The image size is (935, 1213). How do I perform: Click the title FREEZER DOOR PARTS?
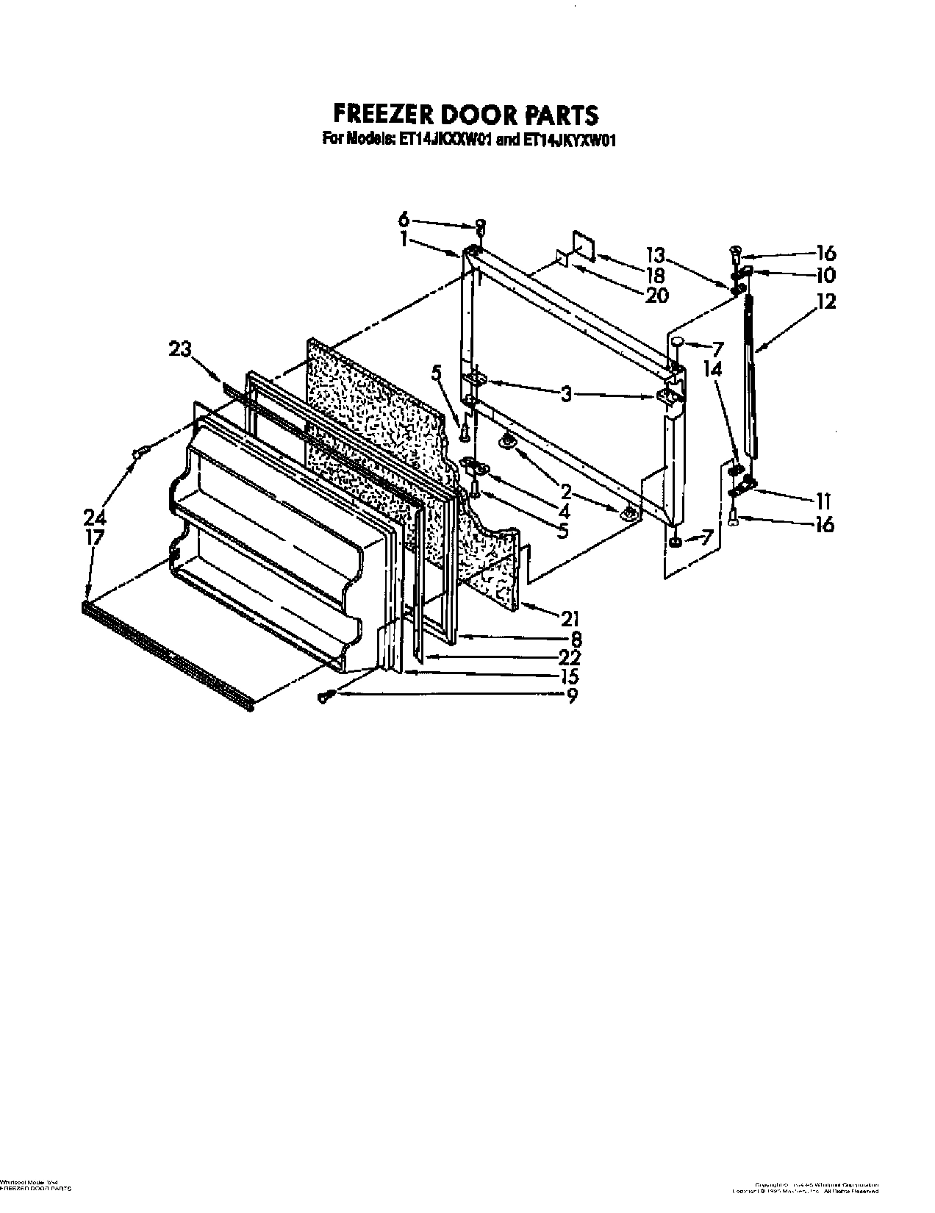tap(466, 114)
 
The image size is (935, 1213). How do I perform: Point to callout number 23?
tap(181, 351)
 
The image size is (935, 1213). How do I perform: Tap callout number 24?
tap(94, 517)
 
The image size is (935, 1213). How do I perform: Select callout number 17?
tap(94, 537)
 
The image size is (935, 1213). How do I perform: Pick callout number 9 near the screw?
tap(572, 695)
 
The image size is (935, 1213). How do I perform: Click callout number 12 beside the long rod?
tap(825, 301)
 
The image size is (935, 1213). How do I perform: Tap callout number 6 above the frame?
tap(404, 219)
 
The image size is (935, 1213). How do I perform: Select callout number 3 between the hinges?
tap(565, 395)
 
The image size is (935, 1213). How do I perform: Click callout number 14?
tap(712, 371)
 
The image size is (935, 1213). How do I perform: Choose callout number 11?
tap(822, 501)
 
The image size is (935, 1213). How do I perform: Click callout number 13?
tap(655, 255)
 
